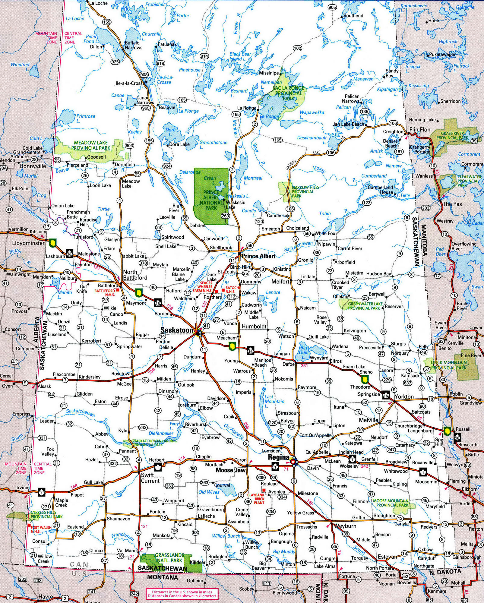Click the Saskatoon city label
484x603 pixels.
coord(176,330)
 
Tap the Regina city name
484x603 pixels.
coord(279,457)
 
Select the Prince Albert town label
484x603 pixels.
coord(258,256)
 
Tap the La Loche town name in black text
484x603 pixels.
coord(99,3)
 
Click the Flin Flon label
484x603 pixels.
coord(420,130)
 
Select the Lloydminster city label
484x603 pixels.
coord(28,243)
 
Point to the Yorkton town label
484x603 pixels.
coord(404,397)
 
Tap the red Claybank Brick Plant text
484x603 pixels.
coord(256,499)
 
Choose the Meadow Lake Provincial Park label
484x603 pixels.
coord(90,145)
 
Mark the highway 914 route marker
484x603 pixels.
coord(204,56)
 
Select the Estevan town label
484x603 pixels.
coord(388,557)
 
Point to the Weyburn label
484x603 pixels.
coord(345,526)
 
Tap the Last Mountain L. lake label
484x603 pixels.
coord(274,399)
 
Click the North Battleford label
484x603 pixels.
coord(135,275)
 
